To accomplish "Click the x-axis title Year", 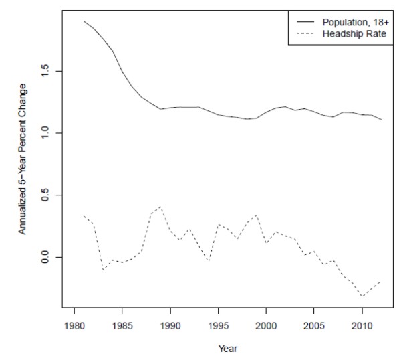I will coord(228,348).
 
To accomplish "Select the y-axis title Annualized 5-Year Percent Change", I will coord(22,159).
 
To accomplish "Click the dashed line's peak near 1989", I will coord(161,207).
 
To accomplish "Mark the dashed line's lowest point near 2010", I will coord(362,296).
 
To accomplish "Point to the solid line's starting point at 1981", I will coord(84,21).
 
